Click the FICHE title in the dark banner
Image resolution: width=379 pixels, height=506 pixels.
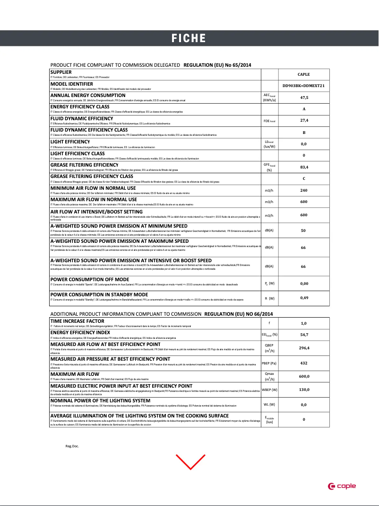tap(189, 38)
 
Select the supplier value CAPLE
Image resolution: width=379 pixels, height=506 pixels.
tap(304, 74)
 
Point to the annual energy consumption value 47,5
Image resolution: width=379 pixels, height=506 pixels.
tap(304, 98)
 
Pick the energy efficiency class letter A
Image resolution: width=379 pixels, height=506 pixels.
tap(304, 109)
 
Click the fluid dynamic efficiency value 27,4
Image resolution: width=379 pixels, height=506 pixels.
tap(304, 120)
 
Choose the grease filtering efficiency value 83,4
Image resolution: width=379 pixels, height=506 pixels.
tap(304, 167)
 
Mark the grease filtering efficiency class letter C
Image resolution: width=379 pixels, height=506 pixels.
tap(304, 178)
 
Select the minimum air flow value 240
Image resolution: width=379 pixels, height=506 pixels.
tap(304, 190)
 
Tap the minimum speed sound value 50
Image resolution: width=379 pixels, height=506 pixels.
tap(304, 231)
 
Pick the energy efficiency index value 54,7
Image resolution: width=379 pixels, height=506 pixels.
tap(304, 335)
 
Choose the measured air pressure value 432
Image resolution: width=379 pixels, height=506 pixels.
tap(304, 363)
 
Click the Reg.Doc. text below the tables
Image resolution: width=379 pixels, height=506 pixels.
tap(72, 446)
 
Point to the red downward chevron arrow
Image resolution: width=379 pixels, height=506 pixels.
tap(190, 461)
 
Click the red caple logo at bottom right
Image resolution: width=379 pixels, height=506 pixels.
tap(342, 486)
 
